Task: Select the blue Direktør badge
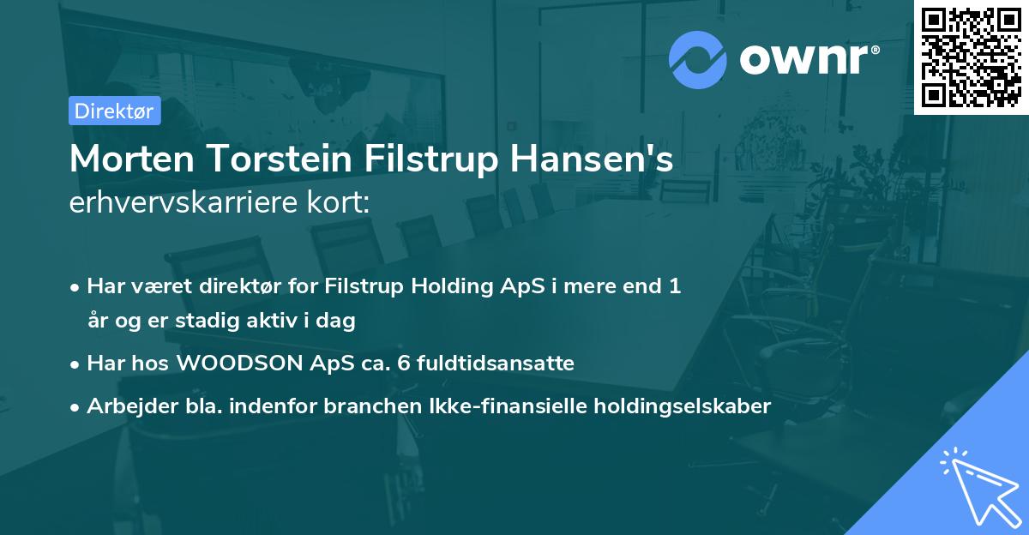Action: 114,110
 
